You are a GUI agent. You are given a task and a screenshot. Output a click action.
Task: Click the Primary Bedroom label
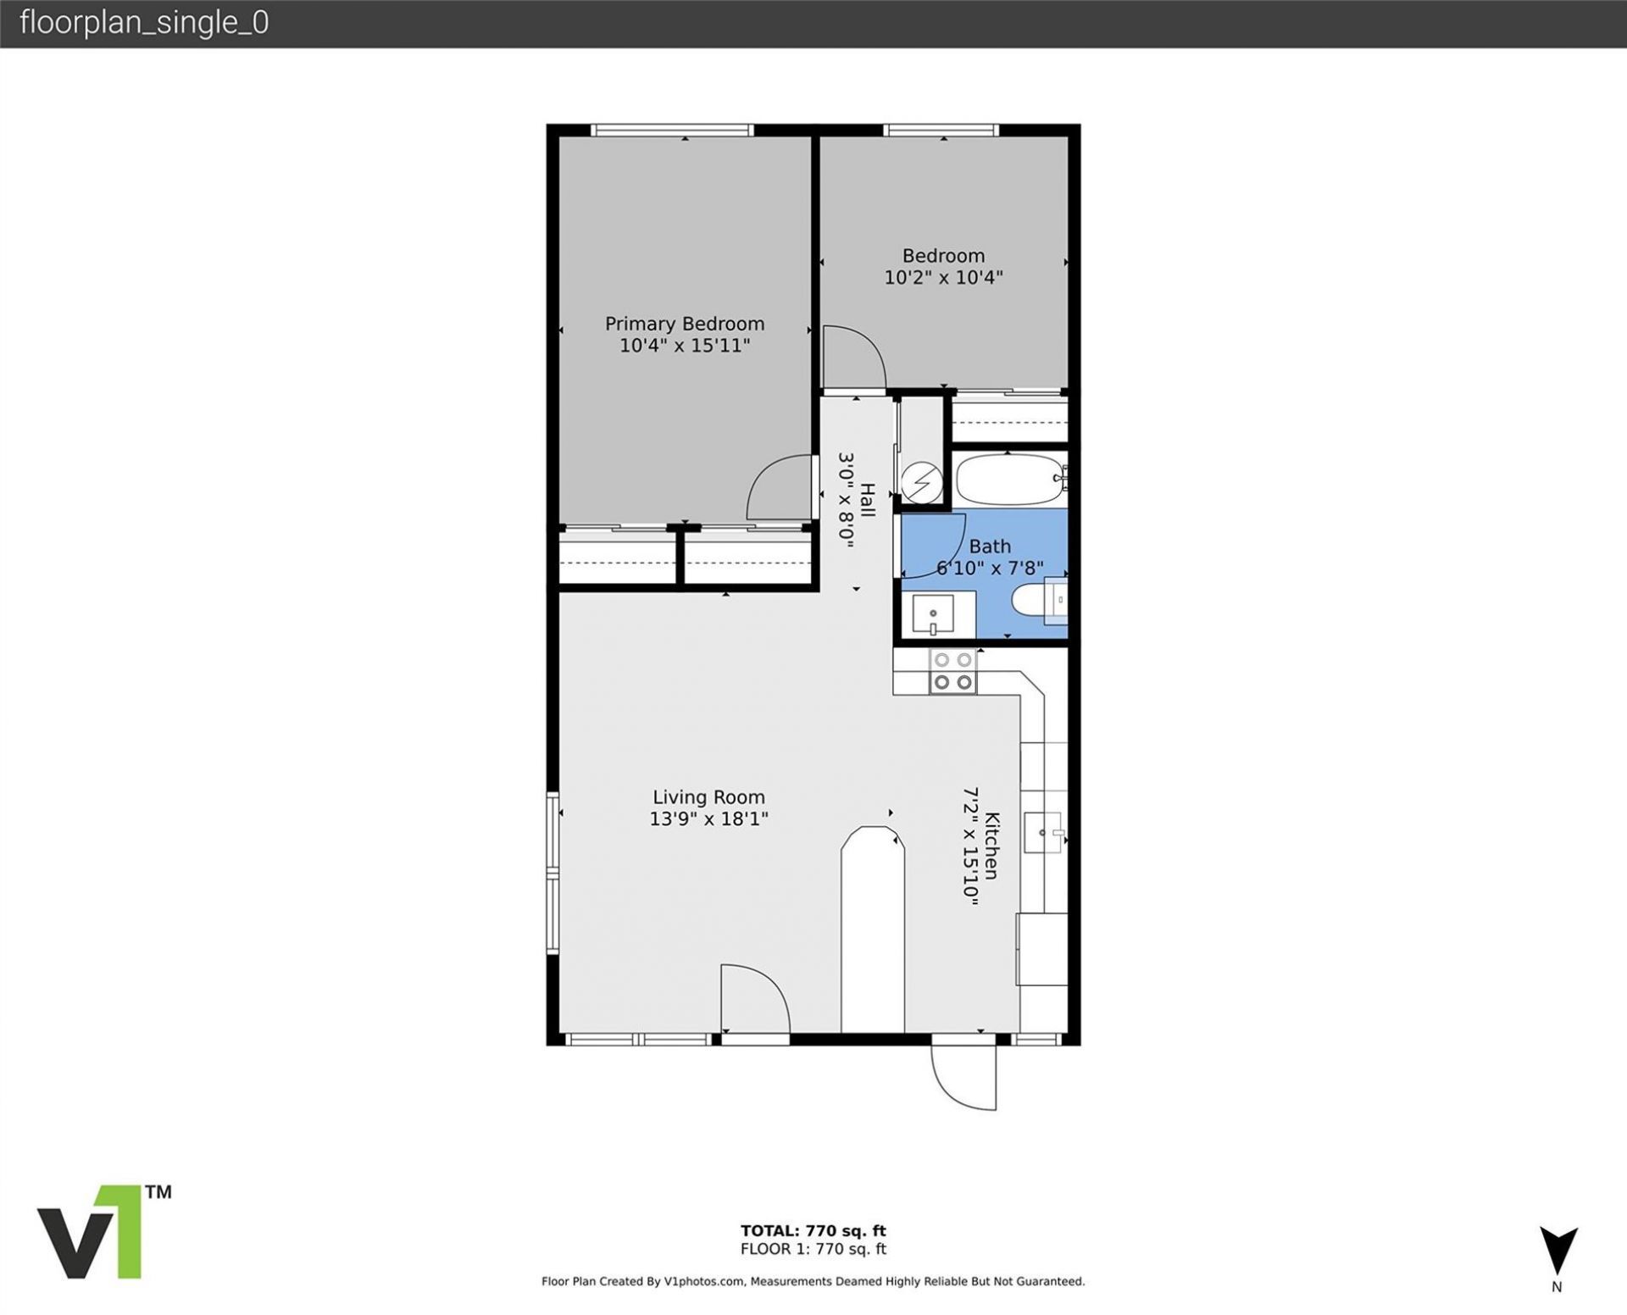pyautogui.click(x=684, y=324)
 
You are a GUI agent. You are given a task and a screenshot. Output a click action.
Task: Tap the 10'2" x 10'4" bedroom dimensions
pyautogui.click(x=943, y=277)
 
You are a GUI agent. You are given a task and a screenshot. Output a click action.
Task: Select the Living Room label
pyautogui.click(x=708, y=797)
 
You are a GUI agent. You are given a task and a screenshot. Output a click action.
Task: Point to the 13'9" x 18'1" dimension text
pyautogui.click(x=708, y=818)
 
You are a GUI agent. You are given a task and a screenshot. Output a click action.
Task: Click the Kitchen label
pyautogui.click(x=992, y=846)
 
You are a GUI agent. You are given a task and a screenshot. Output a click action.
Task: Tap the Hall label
pyautogui.click(x=868, y=500)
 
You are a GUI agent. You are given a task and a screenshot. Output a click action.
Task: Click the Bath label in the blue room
pyautogui.click(x=990, y=547)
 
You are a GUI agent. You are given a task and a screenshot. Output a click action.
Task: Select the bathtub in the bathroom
pyautogui.click(x=1008, y=480)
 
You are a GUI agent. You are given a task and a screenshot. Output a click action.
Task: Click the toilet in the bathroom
pyautogui.click(x=1029, y=601)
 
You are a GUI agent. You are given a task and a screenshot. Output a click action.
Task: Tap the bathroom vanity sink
pyautogui.click(x=933, y=613)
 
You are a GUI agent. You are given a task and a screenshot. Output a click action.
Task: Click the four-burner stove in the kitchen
pyautogui.click(x=952, y=671)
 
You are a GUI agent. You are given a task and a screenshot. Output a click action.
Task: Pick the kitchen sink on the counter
pyautogui.click(x=1042, y=832)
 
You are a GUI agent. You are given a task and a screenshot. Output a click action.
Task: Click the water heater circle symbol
pyautogui.click(x=921, y=483)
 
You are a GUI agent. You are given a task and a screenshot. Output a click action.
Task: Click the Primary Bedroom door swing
pyautogui.click(x=778, y=488)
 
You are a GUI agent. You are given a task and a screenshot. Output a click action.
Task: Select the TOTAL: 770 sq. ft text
pyautogui.click(x=813, y=1230)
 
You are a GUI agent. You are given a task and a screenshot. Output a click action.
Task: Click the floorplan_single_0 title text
pyautogui.click(x=144, y=23)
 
